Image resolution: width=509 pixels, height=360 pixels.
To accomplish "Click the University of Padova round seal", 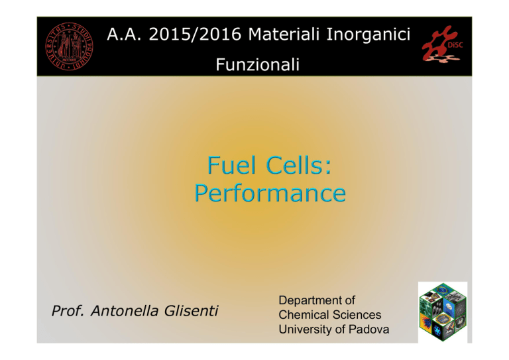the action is tap(69, 46).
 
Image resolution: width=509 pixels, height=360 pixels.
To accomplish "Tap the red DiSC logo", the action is tap(443, 44).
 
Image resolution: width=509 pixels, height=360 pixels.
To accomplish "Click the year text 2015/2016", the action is tap(195, 34).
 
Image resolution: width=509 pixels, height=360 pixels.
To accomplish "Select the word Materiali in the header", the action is tap(284, 34).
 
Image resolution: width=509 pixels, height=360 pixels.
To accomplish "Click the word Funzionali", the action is tap(257, 64).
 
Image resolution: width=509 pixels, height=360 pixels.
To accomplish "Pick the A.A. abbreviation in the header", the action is tap(125, 34).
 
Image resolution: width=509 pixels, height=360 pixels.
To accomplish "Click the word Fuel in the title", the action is tap(231, 165).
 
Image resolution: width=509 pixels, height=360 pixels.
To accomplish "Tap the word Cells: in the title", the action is tap(299, 165).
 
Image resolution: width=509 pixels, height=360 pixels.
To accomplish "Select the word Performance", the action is tap(270, 194).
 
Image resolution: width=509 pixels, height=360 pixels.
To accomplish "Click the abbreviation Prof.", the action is tap(68, 311).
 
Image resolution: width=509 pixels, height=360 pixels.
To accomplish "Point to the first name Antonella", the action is tap(125, 311).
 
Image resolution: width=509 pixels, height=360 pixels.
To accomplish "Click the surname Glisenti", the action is tap(191, 311).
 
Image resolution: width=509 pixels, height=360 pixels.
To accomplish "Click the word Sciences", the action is tap(357, 315).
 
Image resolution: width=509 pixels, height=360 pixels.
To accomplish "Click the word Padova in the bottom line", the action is tap(368, 330).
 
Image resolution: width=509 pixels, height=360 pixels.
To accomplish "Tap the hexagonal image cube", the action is tap(443, 312).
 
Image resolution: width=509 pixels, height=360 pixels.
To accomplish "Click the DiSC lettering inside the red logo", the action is tap(455, 46).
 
